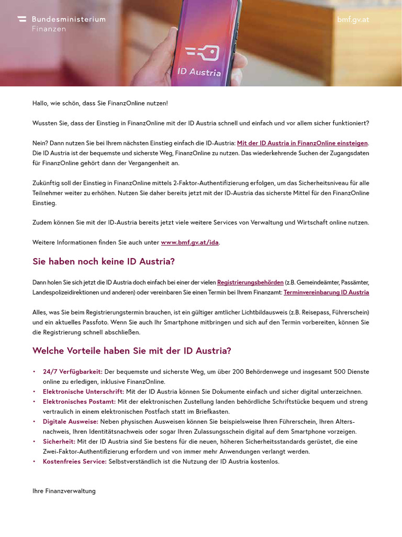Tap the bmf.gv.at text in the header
(353, 20)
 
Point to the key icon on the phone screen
(202, 53)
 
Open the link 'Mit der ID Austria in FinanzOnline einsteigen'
(302, 143)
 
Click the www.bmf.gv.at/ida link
(189, 242)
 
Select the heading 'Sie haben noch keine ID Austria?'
(104, 261)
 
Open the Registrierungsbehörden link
(250, 283)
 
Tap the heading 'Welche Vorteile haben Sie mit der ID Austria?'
(131, 351)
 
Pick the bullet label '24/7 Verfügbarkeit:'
(73, 372)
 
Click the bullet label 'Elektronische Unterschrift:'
(83, 392)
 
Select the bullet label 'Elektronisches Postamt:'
(79, 402)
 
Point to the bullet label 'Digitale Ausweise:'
(70, 422)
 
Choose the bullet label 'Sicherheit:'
(59, 442)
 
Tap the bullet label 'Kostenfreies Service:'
(74, 461)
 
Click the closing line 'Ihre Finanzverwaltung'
(64, 491)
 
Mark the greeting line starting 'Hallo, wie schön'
(100, 103)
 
